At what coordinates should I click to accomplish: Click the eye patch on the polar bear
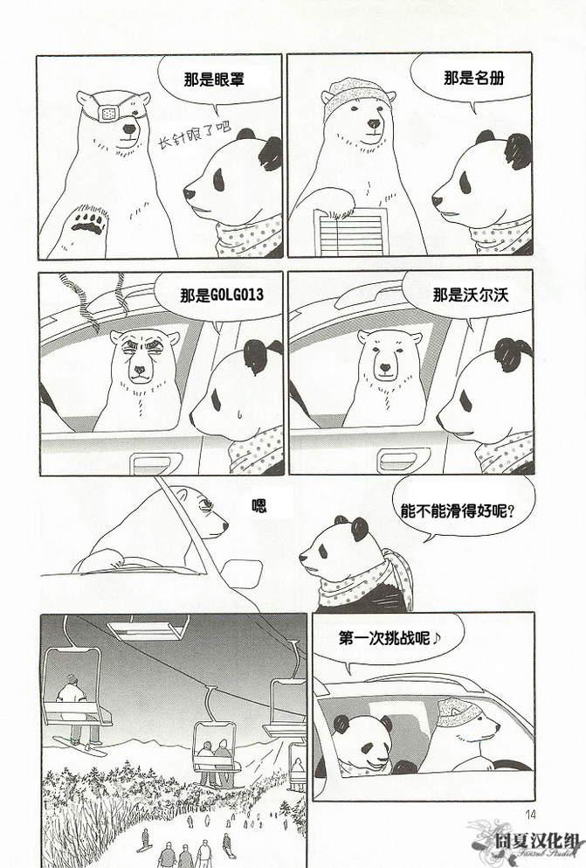click(x=107, y=114)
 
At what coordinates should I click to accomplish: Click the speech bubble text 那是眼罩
click(x=215, y=80)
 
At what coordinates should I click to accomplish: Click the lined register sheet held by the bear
click(x=351, y=233)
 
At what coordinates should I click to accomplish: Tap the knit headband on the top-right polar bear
click(x=357, y=96)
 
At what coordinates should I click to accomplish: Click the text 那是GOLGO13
click(x=222, y=295)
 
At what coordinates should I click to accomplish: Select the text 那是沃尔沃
click(x=470, y=295)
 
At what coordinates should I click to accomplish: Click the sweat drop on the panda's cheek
click(x=238, y=413)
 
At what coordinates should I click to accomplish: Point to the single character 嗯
click(x=259, y=505)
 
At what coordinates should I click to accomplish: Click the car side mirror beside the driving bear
click(x=242, y=573)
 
